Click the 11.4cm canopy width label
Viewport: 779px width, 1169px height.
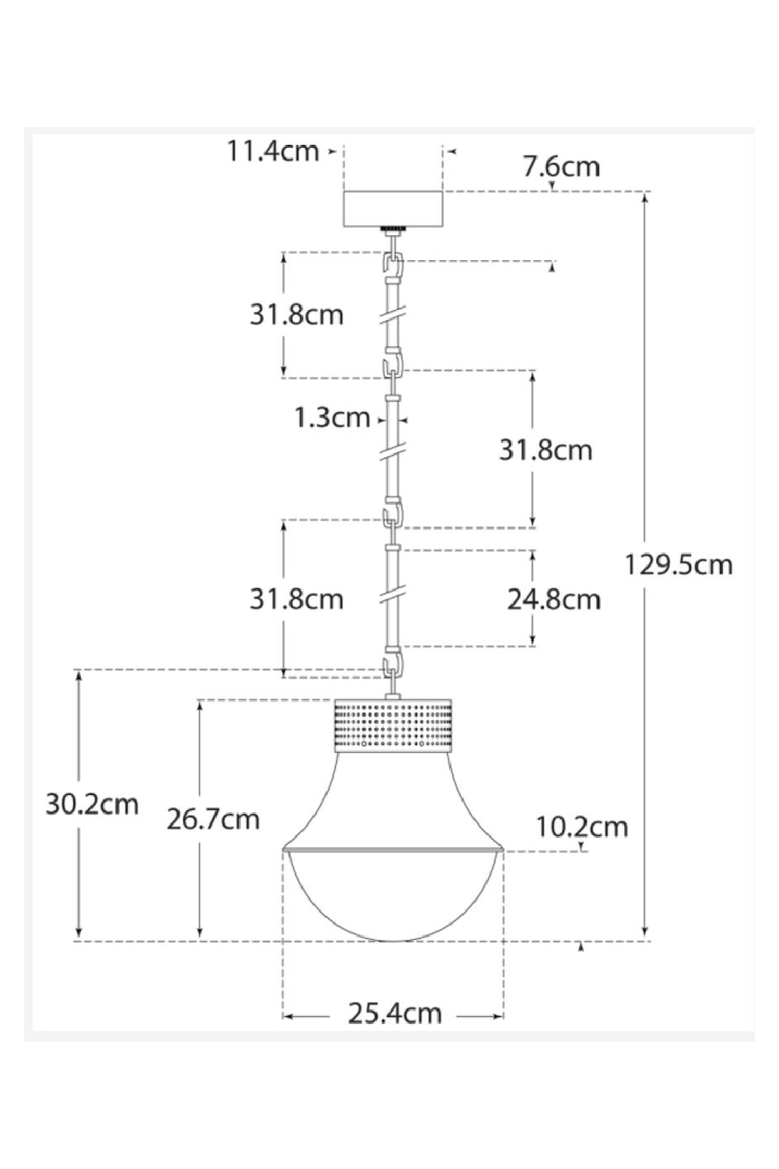(x=273, y=151)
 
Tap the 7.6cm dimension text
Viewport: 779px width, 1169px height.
(x=561, y=167)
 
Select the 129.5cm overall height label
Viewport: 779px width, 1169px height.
(x=679, y=564)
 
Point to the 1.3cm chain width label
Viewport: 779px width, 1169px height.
(x=332, y=419)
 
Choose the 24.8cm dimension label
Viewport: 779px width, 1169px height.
(x=554, y=599)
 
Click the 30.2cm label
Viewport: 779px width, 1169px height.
(x=92, y=803)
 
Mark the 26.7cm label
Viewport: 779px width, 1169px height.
(x=213, y=819)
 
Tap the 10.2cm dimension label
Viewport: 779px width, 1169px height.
(x=581, y=826)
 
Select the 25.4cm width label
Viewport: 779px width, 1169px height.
(x=394, y=1014)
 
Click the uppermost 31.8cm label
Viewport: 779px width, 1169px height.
(x=296, y=315)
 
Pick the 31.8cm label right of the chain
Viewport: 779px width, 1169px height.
(x=545, y=450)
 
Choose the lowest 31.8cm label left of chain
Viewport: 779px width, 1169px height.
(x=296, y=599)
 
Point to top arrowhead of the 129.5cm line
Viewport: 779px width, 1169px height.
(x=645, y=198)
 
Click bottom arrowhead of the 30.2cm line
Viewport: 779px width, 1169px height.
(x=79, y=934)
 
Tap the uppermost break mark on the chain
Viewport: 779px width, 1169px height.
(x=393, y=316)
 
